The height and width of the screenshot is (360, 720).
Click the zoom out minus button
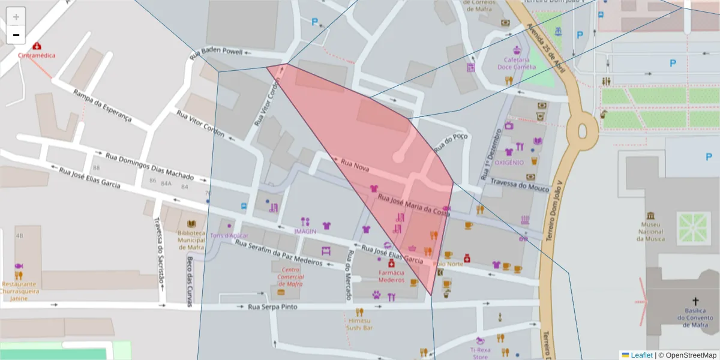tap(16, 35)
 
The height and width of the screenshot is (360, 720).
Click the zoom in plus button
tap(16, 17)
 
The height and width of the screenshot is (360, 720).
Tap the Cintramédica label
tap(37, 55)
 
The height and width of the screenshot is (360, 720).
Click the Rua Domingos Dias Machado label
tap(149, 166)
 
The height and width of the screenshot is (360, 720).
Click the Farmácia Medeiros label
tap(391, 276)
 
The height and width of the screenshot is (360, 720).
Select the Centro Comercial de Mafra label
tap(290, 277)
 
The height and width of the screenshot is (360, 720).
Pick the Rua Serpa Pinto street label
tap(272, 307)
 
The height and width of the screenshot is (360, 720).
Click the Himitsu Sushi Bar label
tap(360, 325)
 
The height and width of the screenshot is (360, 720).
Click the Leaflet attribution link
tap(641, 355)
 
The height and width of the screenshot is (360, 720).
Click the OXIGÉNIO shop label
tap(509, 163)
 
